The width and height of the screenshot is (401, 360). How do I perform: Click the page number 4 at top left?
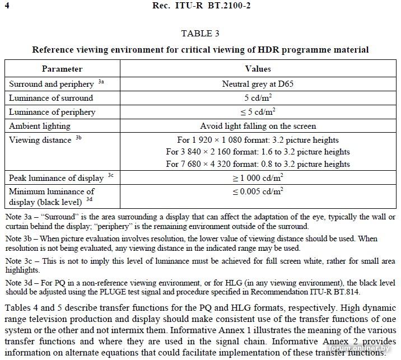[x=6, y=6]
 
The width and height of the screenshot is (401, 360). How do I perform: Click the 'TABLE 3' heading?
[x=200, y=34]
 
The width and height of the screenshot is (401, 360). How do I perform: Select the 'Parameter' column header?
[x=62, y=69]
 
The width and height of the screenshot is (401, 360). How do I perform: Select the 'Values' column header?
[x=258, y=69]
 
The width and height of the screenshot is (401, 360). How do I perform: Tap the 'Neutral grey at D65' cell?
[x=258, y=84]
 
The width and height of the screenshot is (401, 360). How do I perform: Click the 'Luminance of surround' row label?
[x=51, y=98]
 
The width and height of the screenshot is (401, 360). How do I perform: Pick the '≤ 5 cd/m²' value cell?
[x=258, y=111]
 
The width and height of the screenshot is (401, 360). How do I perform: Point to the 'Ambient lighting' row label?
[x=40, y=126]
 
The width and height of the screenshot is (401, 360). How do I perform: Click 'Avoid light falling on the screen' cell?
[x=258, y=126]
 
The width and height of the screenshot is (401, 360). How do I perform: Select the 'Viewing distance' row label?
[x=40, y=140]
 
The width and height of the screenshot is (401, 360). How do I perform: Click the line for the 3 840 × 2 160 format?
[x=258, y=152]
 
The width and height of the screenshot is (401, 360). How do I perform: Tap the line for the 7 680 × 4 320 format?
[x=258, y=164]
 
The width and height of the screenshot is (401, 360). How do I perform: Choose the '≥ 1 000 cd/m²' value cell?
[x=258, y=178]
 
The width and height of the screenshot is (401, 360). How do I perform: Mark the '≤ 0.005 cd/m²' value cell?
[x=258, y=191]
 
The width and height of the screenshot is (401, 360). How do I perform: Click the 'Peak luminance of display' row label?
[x=56, y=178]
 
